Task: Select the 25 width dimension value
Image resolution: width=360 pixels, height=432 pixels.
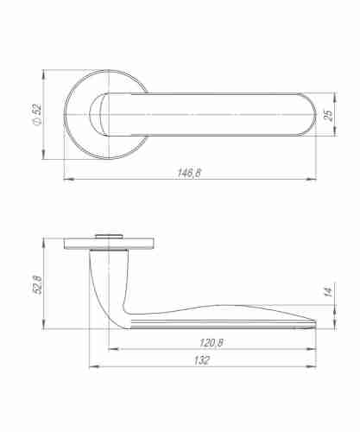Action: pos(329,115)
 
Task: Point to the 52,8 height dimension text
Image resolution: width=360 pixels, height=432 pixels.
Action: pos(37,283)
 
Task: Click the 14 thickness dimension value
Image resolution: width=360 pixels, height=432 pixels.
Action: pos(328,294)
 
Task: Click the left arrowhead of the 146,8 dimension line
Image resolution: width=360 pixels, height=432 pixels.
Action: pos(68,180)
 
